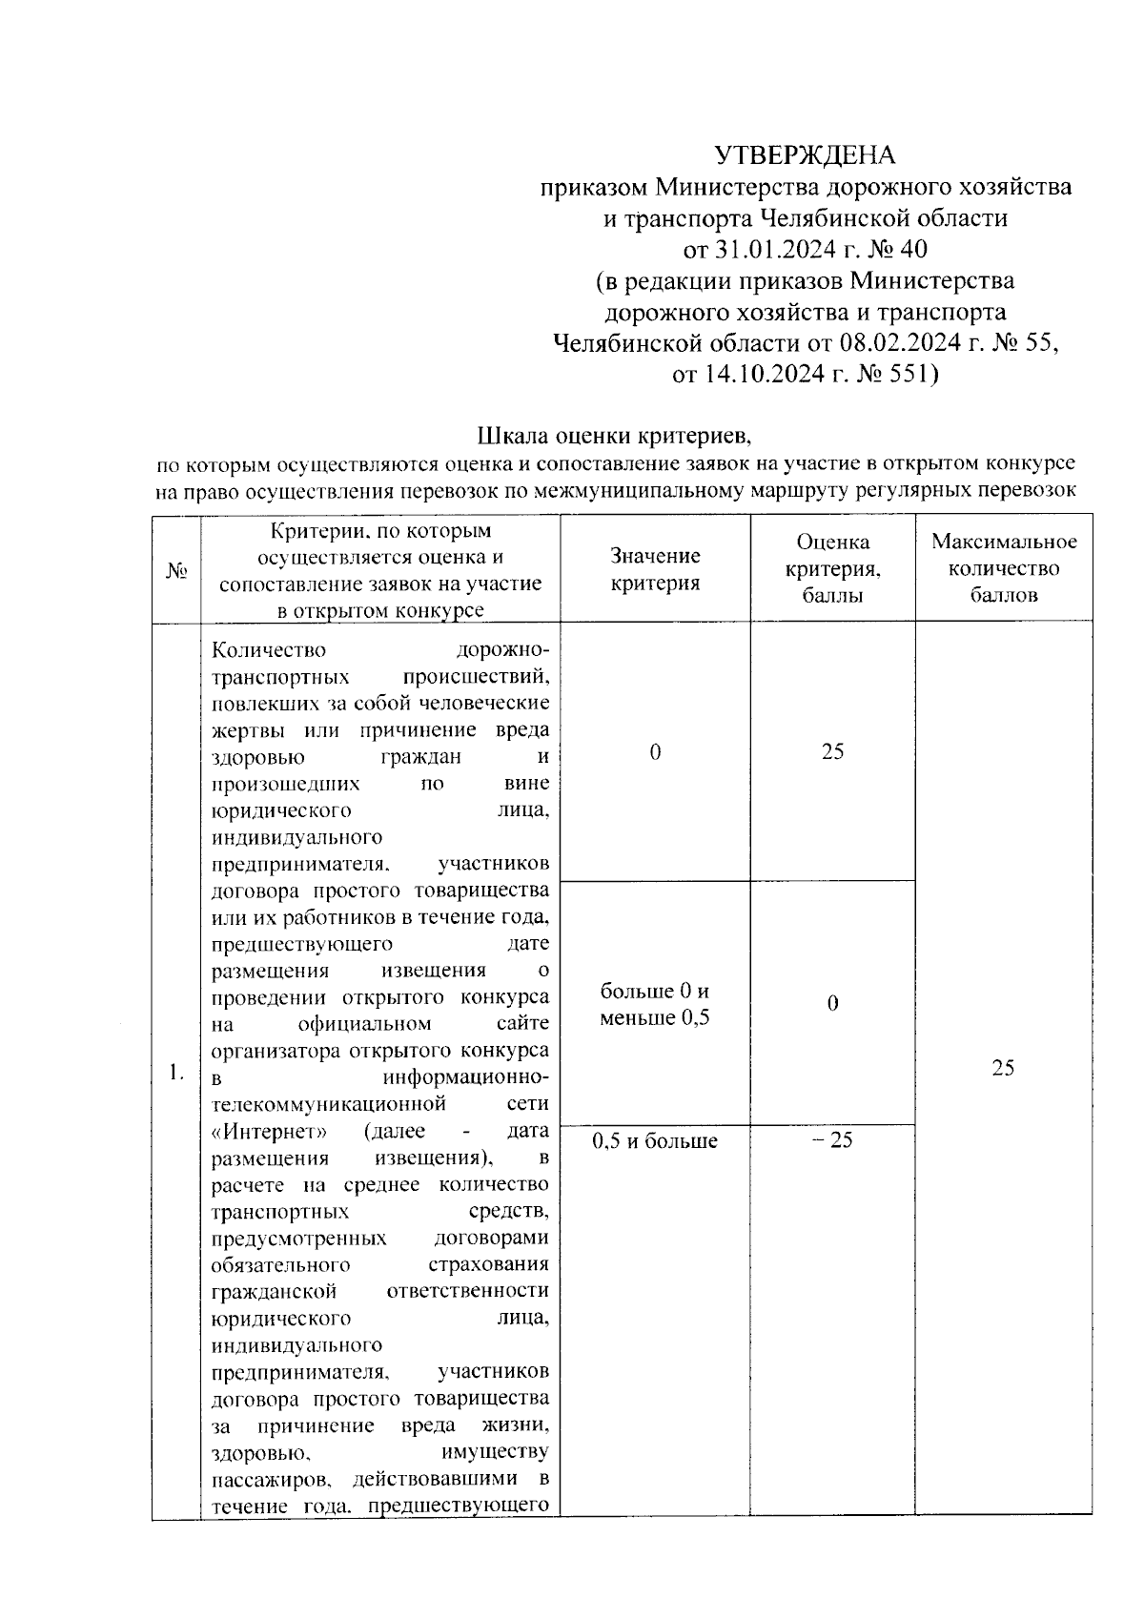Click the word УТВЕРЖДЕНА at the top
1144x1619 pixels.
pyautogui.click(x=806, y=154)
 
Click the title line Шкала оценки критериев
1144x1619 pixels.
pyautogui.click(x=615, y=437)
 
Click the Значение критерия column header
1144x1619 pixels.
pyautogui.click(x=655, y=569)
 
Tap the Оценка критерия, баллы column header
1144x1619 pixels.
pyautogui.click(x=832, y=568)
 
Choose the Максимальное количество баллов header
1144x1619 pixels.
pyautogui.click(x=1003, y=568)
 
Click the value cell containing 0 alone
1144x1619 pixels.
pyautogui.click(x=655, y=752)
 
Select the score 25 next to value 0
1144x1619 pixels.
pyautogui.click(x=832, y=752)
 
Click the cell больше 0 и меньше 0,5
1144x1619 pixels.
pyautogui.click(x=655, y=1004)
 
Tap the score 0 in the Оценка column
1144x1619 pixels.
pyautogui.click(x=832, y=1004)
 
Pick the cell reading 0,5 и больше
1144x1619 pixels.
pyautogui.click(x=655, y=1140)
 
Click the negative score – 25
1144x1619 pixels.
pyautogui.click(x=832, y=1140)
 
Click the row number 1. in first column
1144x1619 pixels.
pyautogui.click(x=176, y=1073)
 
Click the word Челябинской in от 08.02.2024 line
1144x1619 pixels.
pyautogui.click(x=626, y=342)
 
